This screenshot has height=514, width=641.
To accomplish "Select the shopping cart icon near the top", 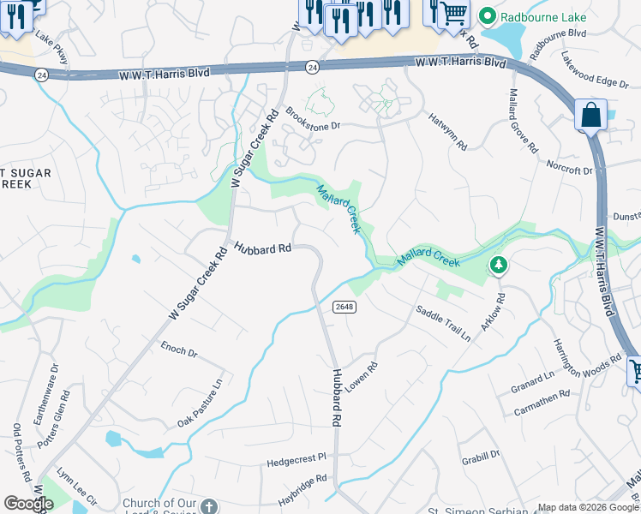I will click(x=455, y=11).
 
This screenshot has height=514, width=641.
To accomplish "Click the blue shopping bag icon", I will click(x=590, y=115).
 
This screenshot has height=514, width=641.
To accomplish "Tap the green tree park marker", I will click(x=498, y=266).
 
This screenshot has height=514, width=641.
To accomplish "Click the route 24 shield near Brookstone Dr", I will click(x=312, y=66).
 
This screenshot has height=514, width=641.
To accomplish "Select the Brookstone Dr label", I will click(x=313, y=118).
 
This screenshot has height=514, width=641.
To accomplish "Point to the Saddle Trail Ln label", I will click(x=443, y=324).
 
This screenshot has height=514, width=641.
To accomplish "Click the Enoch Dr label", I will click(x=179, y=350).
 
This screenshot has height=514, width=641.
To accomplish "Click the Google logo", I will click(x=28, y=504).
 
